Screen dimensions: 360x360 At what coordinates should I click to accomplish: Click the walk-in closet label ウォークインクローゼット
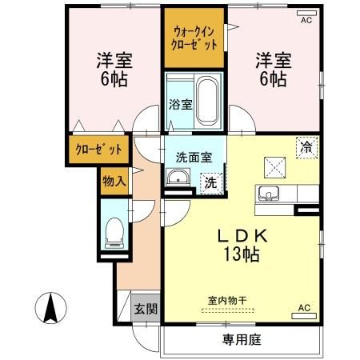point(195,38)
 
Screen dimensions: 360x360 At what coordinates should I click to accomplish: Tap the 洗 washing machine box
point(210,182)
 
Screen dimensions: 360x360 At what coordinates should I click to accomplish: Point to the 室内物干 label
point(228,301)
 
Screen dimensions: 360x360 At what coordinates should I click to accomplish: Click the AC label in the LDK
point(304,307)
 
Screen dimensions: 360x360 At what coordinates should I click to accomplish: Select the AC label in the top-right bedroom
point(306,22)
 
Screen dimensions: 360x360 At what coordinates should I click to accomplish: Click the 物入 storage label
point(114,182)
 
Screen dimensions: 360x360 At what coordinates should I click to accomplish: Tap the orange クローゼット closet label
point(99,150)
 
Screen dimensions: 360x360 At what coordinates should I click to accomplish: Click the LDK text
point(244,238)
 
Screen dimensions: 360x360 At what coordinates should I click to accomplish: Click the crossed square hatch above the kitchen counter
point(274,166)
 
